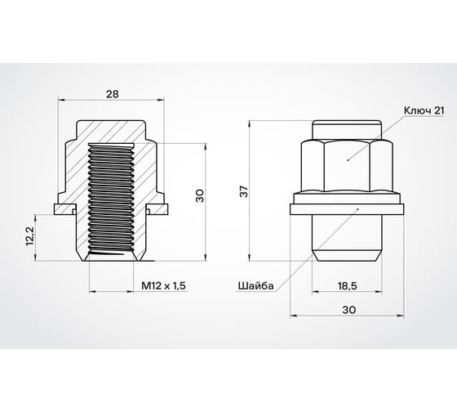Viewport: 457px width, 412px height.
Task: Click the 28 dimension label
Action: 112,94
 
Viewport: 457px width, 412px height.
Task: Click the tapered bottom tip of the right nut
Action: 348,254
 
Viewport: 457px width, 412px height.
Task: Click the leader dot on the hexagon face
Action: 348,159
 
